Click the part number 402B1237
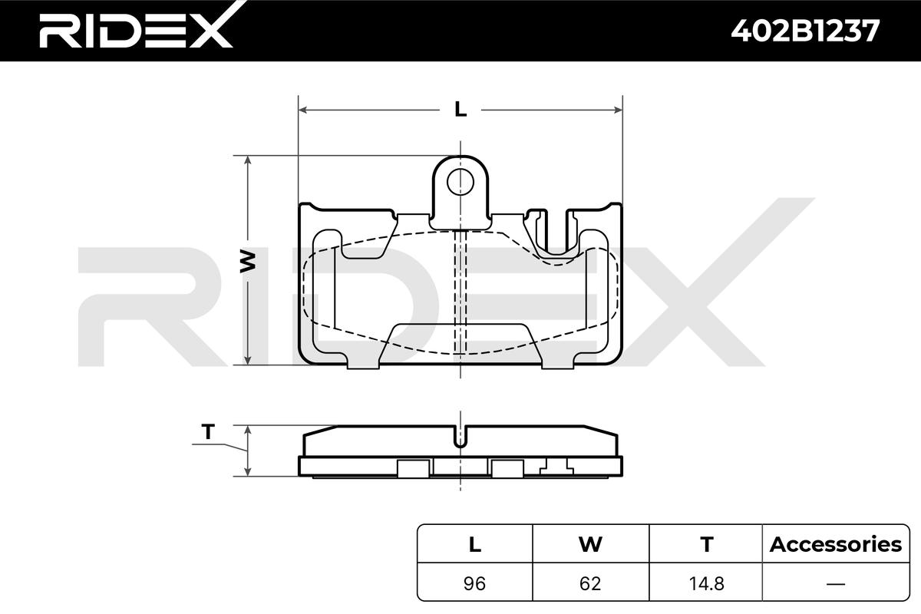[805, 31]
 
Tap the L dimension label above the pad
[460, 110]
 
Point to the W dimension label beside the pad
[247, 262]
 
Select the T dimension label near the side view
[209, 432]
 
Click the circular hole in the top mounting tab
[460, 182]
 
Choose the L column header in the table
[475, 544]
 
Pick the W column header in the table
[590, 544]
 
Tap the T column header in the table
[707, 544]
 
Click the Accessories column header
[836, 544]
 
